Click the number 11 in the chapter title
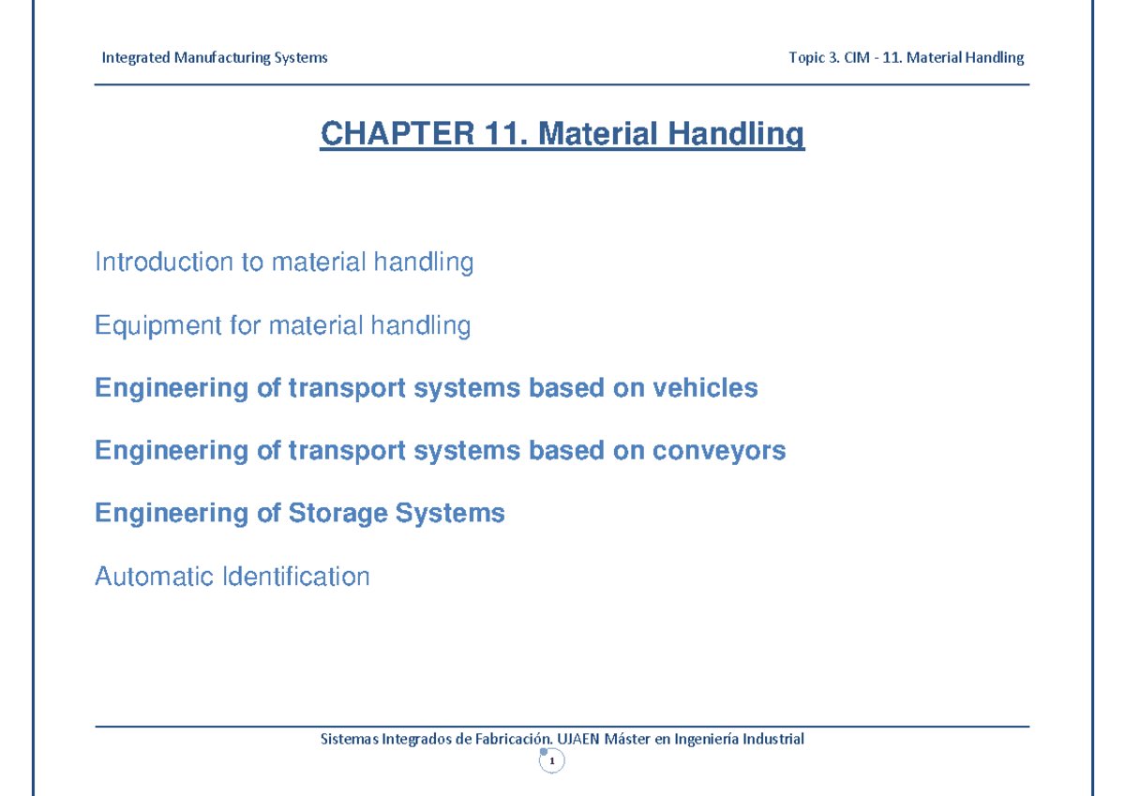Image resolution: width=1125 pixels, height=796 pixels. [x=506, y=134]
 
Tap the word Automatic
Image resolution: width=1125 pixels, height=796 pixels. [x=153, y=576]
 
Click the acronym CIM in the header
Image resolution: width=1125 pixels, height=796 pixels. [x=852, y=58]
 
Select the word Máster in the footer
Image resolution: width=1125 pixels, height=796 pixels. [x=628, y=739]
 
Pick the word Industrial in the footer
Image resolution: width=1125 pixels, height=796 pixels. [x=773, y=739]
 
